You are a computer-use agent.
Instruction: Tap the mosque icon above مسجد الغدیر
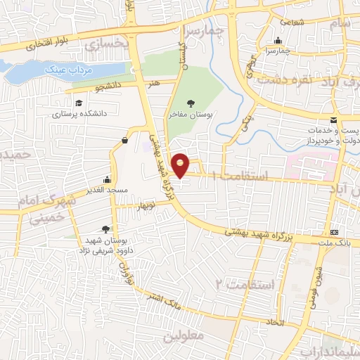(x=107, y=179)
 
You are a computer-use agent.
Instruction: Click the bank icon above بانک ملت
(x=334, y=233)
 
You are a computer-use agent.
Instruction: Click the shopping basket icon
(x=124, y=140)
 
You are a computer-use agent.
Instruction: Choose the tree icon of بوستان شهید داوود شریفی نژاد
(x=105, y=229)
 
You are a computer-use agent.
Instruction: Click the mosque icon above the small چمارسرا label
(x=280, y=40)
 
